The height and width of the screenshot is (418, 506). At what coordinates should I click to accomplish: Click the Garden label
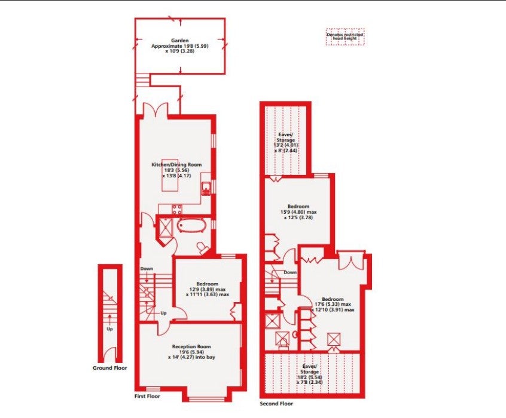point(180,41)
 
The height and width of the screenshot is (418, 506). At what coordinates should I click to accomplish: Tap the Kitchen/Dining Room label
point(176,164)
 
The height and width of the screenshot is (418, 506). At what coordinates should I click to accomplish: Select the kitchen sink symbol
point(206,188)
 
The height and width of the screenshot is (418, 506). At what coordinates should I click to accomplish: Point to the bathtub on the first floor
point(191,225)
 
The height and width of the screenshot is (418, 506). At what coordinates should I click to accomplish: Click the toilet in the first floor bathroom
point(203,248)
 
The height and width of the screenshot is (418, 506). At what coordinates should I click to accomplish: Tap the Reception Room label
point(191,346)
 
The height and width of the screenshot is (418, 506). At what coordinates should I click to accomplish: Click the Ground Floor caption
point(109,368)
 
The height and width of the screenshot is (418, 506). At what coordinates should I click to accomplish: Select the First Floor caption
point(147,396)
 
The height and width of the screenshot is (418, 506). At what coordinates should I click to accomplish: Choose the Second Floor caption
point(276,404)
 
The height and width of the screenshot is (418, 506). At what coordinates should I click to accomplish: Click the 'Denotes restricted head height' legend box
point(345,36)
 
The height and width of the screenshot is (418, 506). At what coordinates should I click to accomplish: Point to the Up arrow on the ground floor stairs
point(110,319)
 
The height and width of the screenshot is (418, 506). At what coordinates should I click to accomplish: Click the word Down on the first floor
point(147,269)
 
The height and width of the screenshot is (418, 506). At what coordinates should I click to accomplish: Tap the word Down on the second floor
point(290,272)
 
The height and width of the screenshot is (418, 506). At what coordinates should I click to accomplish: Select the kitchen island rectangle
point(170,175)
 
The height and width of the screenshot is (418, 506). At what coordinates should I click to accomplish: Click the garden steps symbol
point(142,80)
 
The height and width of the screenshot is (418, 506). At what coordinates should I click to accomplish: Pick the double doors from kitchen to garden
point(155,109)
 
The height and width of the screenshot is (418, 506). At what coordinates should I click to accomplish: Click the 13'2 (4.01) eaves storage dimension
point(285,145)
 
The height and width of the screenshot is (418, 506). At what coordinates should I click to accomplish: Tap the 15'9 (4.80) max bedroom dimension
point(298,212)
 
